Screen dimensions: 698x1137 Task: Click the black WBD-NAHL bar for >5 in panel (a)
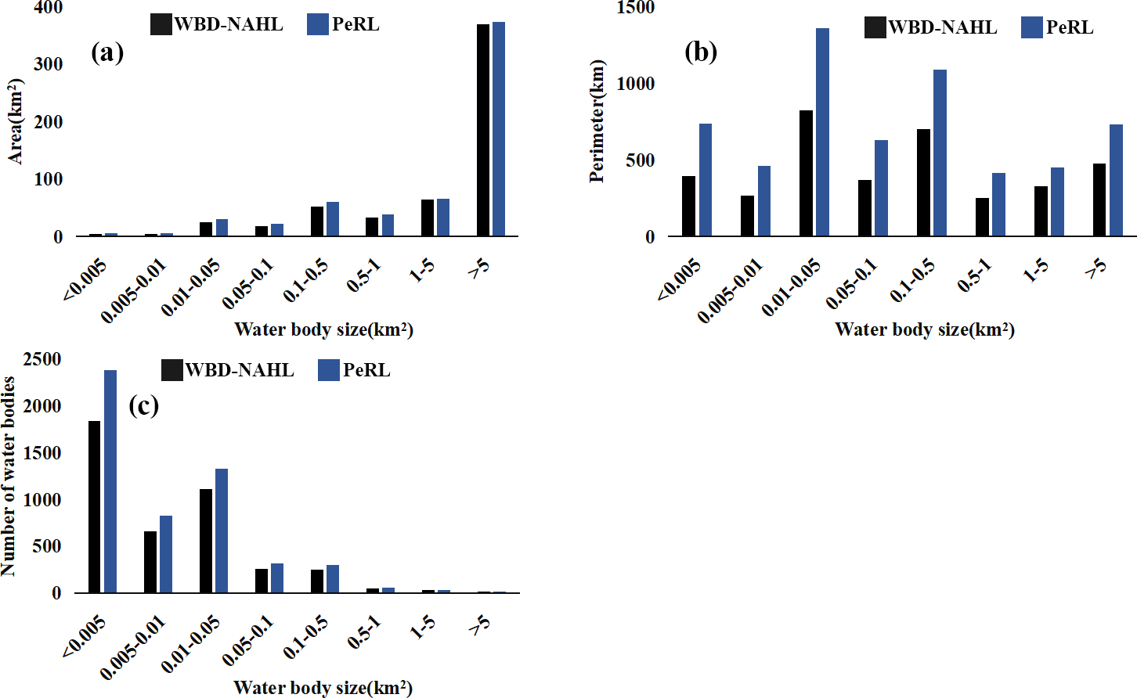pos(483,130)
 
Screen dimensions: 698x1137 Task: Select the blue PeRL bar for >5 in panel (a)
pos(499,129)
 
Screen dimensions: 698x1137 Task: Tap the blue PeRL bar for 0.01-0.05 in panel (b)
pos(822,132)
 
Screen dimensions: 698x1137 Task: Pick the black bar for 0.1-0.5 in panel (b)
pos(923,182)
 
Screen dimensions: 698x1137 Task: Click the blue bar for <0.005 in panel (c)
pos(110,481)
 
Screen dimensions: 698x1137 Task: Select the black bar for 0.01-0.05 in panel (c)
pos(206,541)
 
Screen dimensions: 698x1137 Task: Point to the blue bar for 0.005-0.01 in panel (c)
pos(166,554)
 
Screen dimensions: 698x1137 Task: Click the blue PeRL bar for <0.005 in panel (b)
pos(706,180)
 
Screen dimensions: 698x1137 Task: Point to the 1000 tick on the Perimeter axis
pos(636,84)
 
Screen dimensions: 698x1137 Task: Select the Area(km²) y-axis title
pos(16,121)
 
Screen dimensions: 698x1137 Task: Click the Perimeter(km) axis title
pos(597,121)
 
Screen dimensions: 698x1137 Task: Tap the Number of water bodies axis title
pos(9,477)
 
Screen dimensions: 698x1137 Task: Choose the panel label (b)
pos(701,52)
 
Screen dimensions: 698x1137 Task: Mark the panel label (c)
pos(143,405)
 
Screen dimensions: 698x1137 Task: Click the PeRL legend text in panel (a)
pos(356,24)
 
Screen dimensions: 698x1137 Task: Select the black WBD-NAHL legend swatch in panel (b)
pos(875,27)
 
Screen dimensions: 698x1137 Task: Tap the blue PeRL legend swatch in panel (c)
pos(329,370)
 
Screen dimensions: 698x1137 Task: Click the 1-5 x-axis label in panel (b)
pos(1036,271)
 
